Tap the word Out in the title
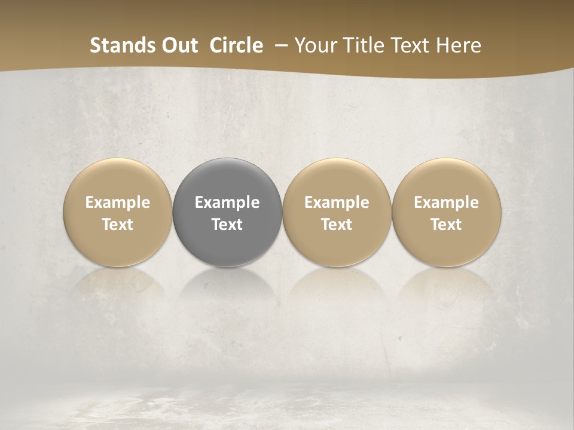178,45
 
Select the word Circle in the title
236,45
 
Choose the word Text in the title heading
411,45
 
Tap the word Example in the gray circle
227,202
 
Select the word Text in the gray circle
227,225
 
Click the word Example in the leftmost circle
118,202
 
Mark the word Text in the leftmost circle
118,225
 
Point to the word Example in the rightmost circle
446,202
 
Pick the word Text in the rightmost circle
446,225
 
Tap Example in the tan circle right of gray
337,202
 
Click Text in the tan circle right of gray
337,225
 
